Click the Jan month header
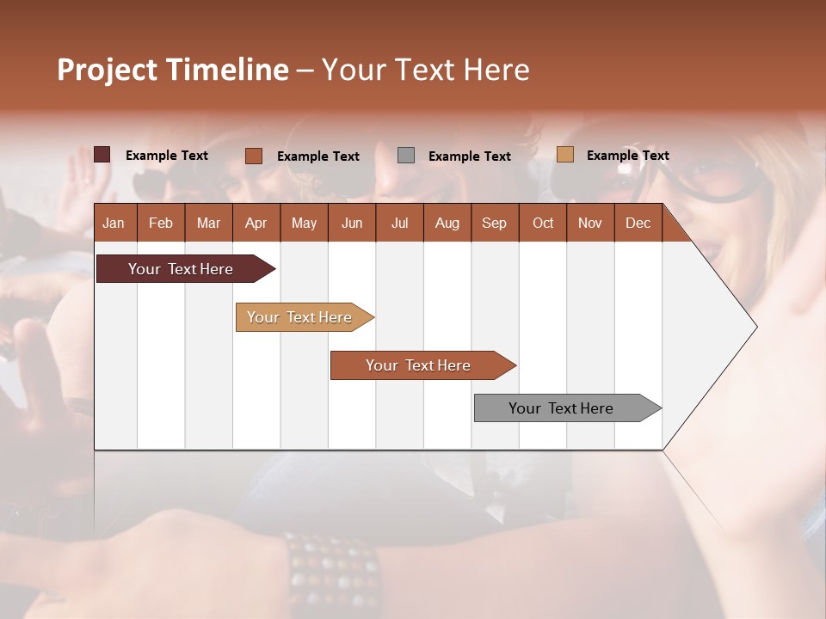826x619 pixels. coord(114,224)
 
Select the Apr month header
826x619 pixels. coord(256,224)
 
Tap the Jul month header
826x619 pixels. coord(399,224)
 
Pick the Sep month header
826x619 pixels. coord(495,224)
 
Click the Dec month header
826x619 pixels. coord(638,224)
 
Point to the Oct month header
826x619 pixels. coord(543,224)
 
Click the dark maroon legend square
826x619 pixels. coord(102,155)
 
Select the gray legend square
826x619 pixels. coord(406,156)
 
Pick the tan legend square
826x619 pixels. coord(564,155)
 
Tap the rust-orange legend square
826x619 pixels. coord(253,156)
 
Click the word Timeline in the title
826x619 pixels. coord(226,70)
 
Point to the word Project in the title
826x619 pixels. coord(106,70)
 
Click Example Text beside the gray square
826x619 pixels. coord(469,156)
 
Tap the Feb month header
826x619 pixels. coord(161,224)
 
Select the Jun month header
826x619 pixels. coord(352,224)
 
